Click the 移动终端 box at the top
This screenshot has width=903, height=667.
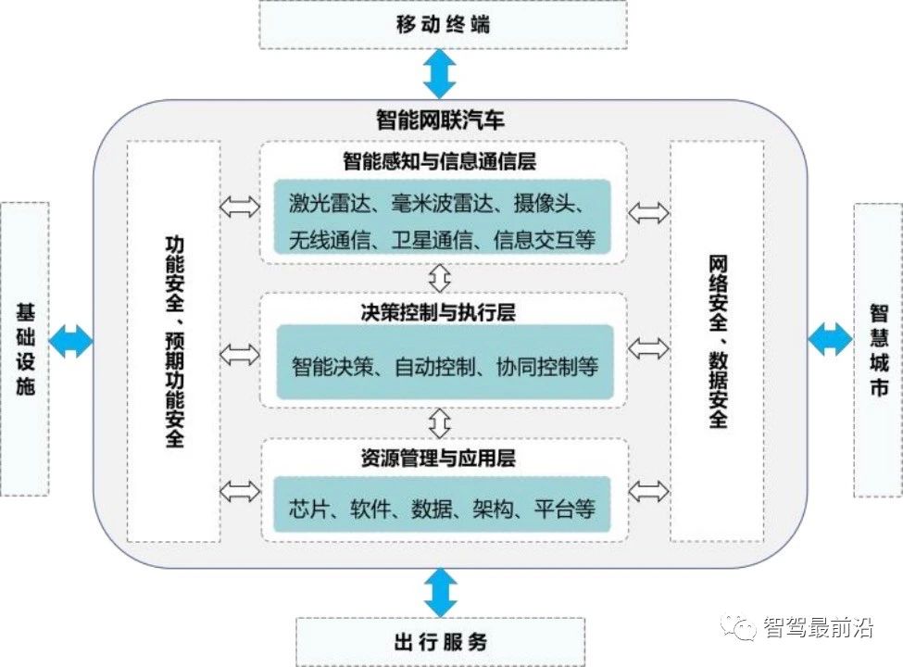442,24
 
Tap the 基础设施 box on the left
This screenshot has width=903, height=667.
25,348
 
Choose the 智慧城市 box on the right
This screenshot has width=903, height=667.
877,348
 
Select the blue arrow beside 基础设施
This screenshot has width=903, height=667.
71,340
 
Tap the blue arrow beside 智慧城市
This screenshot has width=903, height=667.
830,340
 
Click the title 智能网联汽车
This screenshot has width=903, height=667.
440,120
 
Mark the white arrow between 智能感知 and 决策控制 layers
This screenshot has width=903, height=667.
441,275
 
